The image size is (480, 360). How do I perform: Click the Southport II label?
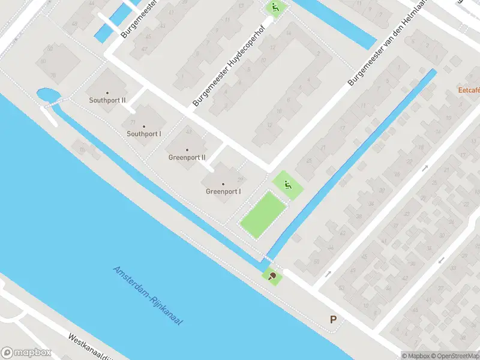[x=107, y=101]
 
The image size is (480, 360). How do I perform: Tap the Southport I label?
[x=144, y=134]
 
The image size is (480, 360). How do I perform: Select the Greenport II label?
[x=187, y=158]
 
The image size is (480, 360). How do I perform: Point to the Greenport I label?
[x=223, y=192]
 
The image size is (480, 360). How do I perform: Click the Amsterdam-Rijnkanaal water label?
[x=148, y=296]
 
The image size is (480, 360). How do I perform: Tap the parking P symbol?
[x=333, y=320]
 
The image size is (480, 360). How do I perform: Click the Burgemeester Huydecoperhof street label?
[x=230, y=75]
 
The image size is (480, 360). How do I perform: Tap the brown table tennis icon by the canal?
[x=273, y=276]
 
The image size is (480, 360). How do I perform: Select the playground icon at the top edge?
[x=275, y=8]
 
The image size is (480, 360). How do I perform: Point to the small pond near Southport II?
[x=45, y=95]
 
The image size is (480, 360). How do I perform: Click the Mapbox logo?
[x=26, y=352]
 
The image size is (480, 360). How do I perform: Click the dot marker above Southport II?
[x=107, y=92]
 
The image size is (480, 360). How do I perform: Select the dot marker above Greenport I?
[x=223, y=184]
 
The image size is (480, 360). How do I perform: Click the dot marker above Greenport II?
[x=187, y=149]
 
